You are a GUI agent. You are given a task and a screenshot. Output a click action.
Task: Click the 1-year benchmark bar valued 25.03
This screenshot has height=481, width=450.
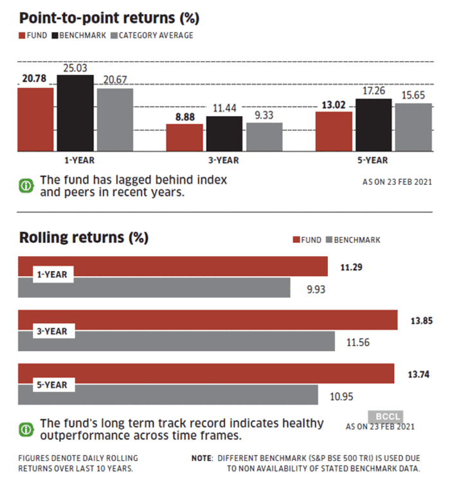[75, 112]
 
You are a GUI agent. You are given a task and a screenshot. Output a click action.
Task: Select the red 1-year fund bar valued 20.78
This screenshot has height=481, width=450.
[35, 119]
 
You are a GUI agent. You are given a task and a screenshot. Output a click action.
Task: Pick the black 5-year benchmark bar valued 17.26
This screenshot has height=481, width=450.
[373, 125]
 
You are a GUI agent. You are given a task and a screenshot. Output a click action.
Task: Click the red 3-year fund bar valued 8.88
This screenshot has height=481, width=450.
[184, 137]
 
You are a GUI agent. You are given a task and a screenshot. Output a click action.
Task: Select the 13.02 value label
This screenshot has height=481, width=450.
[334, 104]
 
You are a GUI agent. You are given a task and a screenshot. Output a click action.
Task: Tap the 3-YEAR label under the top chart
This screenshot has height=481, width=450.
[224, 160]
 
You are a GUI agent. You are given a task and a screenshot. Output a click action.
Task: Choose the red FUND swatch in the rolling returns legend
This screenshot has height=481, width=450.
[296, 240]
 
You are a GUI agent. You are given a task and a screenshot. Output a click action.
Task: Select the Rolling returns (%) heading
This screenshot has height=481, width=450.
[84, 238]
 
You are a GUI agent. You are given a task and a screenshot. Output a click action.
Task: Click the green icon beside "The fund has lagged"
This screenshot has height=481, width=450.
[26, 186]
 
